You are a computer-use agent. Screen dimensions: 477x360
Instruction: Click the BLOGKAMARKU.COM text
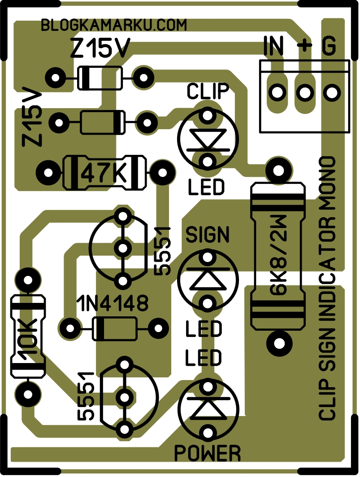point(113,26)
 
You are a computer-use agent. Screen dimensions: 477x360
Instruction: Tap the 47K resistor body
point(104,172)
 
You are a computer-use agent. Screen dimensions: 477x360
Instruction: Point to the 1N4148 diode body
point(114,328)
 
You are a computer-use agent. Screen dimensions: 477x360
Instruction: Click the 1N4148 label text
point(112,304)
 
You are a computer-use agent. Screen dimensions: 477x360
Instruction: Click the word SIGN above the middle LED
point(207,234)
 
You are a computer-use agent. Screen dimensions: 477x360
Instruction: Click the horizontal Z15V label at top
point(100,48)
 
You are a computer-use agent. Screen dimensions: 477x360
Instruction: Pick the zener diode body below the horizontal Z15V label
point(100,78)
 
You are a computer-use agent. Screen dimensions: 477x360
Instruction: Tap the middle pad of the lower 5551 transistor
point(124,397)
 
